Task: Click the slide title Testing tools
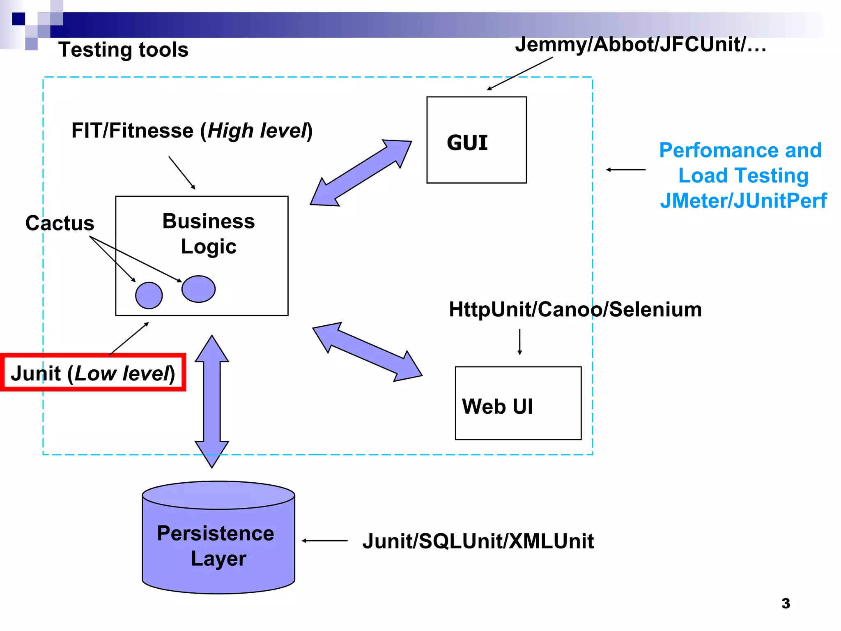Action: tap(123, 50)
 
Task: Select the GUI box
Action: tap(476, 140)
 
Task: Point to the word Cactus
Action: tap(60, 223)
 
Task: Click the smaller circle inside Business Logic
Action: tap(149, 295)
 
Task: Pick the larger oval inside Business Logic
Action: tap(198, 289)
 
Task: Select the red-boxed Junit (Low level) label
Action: tap(93, 373)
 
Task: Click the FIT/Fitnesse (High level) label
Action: tap(192, 131)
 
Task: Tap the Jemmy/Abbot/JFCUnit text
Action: tap(640, 44)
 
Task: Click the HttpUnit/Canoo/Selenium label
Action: tap(575, 309)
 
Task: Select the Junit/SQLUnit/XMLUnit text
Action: tap(478, 541)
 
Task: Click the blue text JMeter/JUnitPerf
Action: tap(743, 201)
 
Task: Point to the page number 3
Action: tap(786, 603)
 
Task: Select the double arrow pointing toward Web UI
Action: tap(367, 352)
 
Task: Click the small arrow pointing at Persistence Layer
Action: tap(324, 541)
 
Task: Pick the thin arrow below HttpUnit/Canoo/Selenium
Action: tap(519, 341)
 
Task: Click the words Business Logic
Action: tap(209, 234)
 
